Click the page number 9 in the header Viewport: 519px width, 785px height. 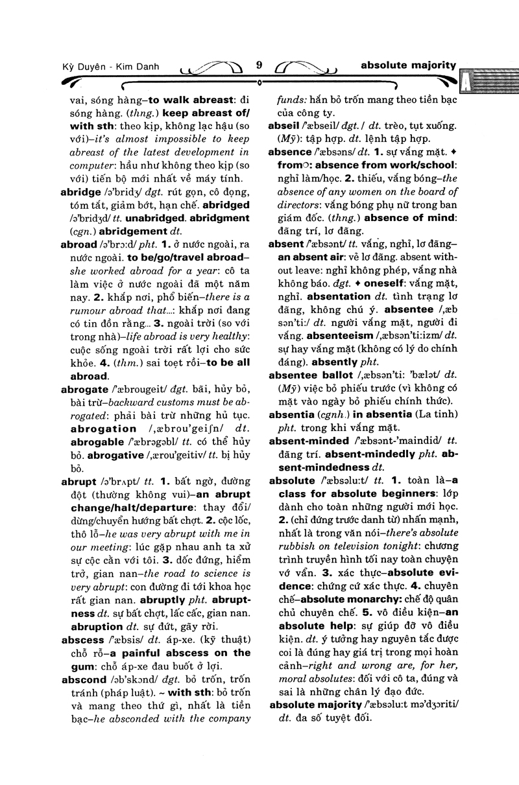tap(259, 64)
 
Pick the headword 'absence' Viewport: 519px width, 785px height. tap(289, 152)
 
